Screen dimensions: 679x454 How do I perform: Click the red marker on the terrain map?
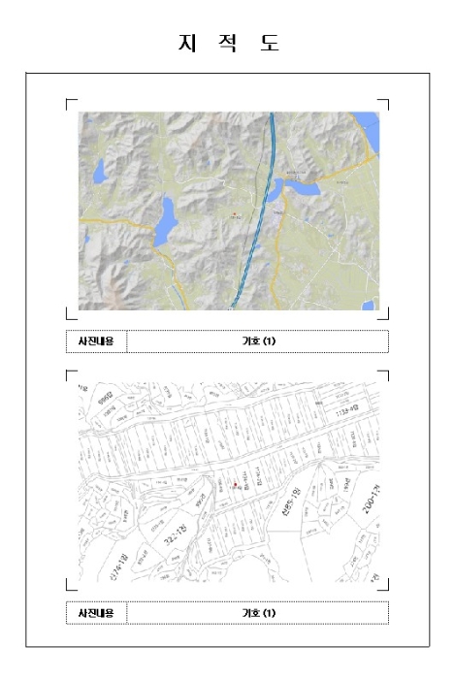pos(234,212)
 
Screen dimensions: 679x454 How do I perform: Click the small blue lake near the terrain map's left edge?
pos(100,175)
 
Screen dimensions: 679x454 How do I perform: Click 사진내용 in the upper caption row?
pos(96,341)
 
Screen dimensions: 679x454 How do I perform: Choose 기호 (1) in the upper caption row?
pos(259,341)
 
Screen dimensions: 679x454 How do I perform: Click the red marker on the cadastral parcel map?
pos(235,483)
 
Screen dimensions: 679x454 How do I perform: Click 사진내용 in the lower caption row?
pos(96,613)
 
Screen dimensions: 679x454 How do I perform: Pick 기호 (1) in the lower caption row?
pos(259,613)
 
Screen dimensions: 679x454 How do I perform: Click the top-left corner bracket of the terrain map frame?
pos(69,102)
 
